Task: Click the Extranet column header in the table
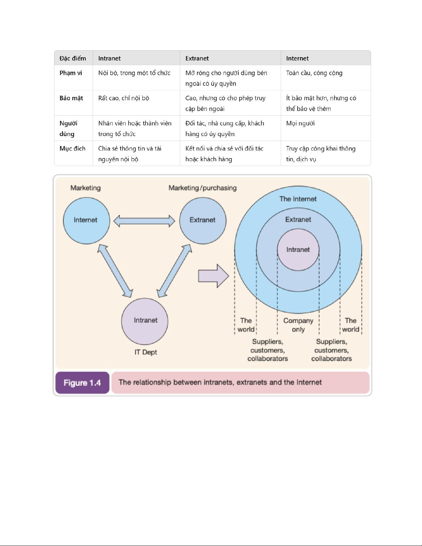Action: [x=197, y=58]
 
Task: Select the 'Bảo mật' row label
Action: [x=71, y=98]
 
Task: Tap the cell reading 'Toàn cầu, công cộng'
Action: [x=314, y=73]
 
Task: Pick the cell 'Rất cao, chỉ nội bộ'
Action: [x=124, y=98]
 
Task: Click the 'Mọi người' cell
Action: [x=300, y=123]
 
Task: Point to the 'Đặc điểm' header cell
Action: [x=73, y=58]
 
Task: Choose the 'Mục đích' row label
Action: [x=72, y=148]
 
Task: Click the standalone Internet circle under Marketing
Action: [x=86, y=220]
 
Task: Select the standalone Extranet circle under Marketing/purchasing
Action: [x=203, y=220]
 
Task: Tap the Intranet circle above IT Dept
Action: [x=145, y=321]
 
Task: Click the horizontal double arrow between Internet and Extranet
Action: [x=144, y=221]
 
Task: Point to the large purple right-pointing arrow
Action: [x=214, y=276]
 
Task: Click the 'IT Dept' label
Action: [x=146, y=352]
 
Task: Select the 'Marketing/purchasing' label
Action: [x=203, y=188]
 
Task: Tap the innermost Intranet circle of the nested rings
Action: [x=298, y=250]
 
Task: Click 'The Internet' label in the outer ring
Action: [x=298, y=199]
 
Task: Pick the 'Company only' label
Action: [x=298, y=325]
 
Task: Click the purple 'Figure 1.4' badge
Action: [x=82, y=383]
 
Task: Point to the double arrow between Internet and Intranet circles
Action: [x=115, y=271]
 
